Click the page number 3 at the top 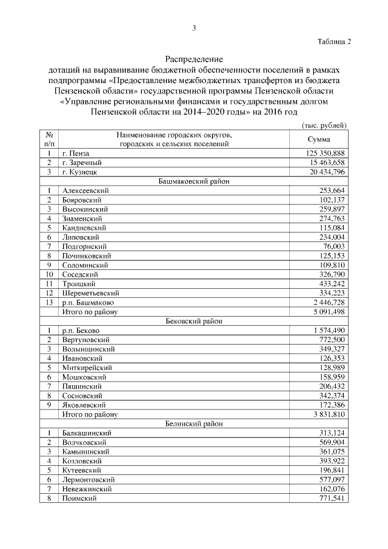193,28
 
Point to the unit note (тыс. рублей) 324,125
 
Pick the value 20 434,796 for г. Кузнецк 326,172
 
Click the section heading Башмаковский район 193,181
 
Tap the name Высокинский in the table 82,209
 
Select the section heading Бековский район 193,321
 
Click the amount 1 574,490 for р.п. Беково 326,330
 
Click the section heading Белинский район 193,423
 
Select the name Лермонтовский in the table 88,479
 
